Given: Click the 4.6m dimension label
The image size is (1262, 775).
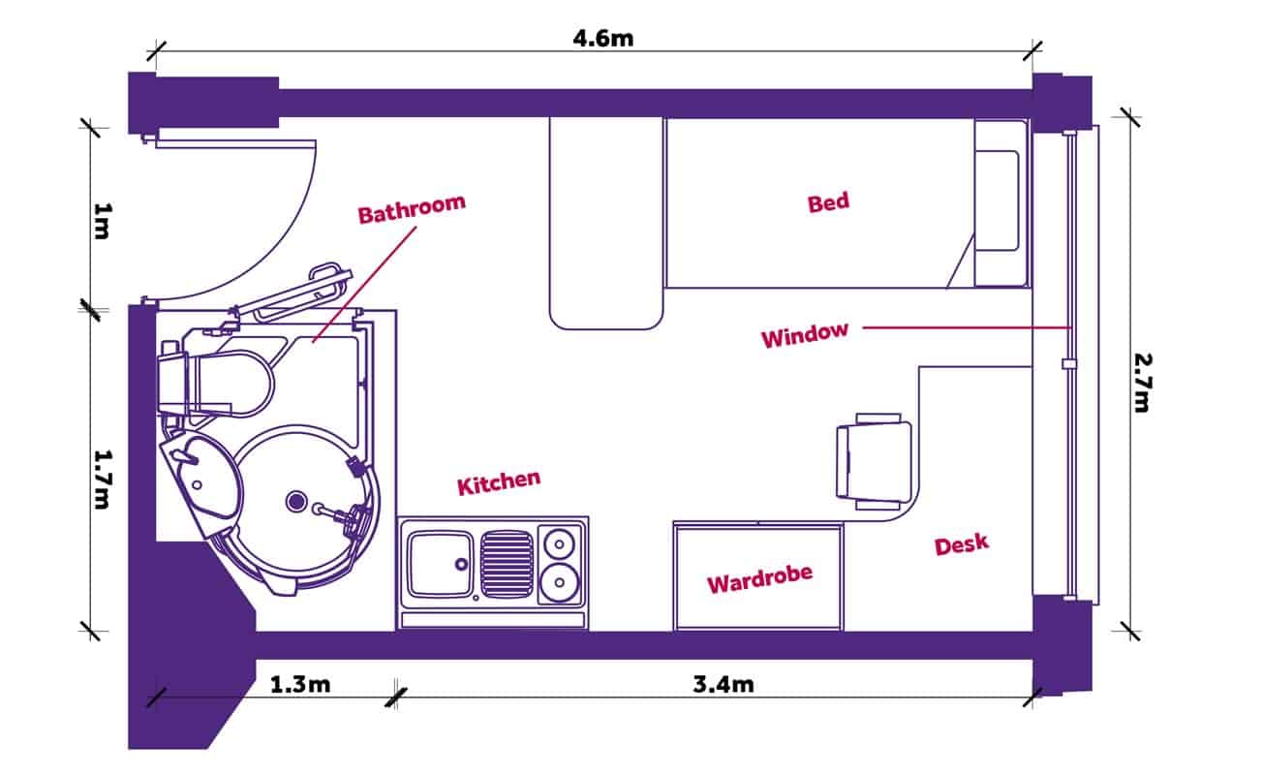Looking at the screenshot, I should click(602, 40).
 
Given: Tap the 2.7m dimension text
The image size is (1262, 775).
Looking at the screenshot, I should click(1142, 381).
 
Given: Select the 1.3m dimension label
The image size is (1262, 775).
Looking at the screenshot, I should click(300, 685).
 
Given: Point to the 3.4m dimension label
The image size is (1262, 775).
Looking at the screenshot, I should click(723, 685).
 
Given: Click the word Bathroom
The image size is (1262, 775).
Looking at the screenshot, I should click(412, 209).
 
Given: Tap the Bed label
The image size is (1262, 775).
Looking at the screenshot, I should click(828, 202).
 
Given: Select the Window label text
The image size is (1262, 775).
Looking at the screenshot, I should click(804, 336).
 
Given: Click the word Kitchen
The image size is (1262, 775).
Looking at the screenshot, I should click(499, 482).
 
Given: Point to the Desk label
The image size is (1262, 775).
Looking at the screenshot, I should click(962, 544).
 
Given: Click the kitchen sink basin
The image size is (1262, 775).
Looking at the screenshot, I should click(440, 564).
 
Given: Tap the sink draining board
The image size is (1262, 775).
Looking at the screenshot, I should click(507, 563).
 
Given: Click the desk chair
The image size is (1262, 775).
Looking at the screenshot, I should click(874, 461).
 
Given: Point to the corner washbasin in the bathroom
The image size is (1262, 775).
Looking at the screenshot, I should click(199, 470).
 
